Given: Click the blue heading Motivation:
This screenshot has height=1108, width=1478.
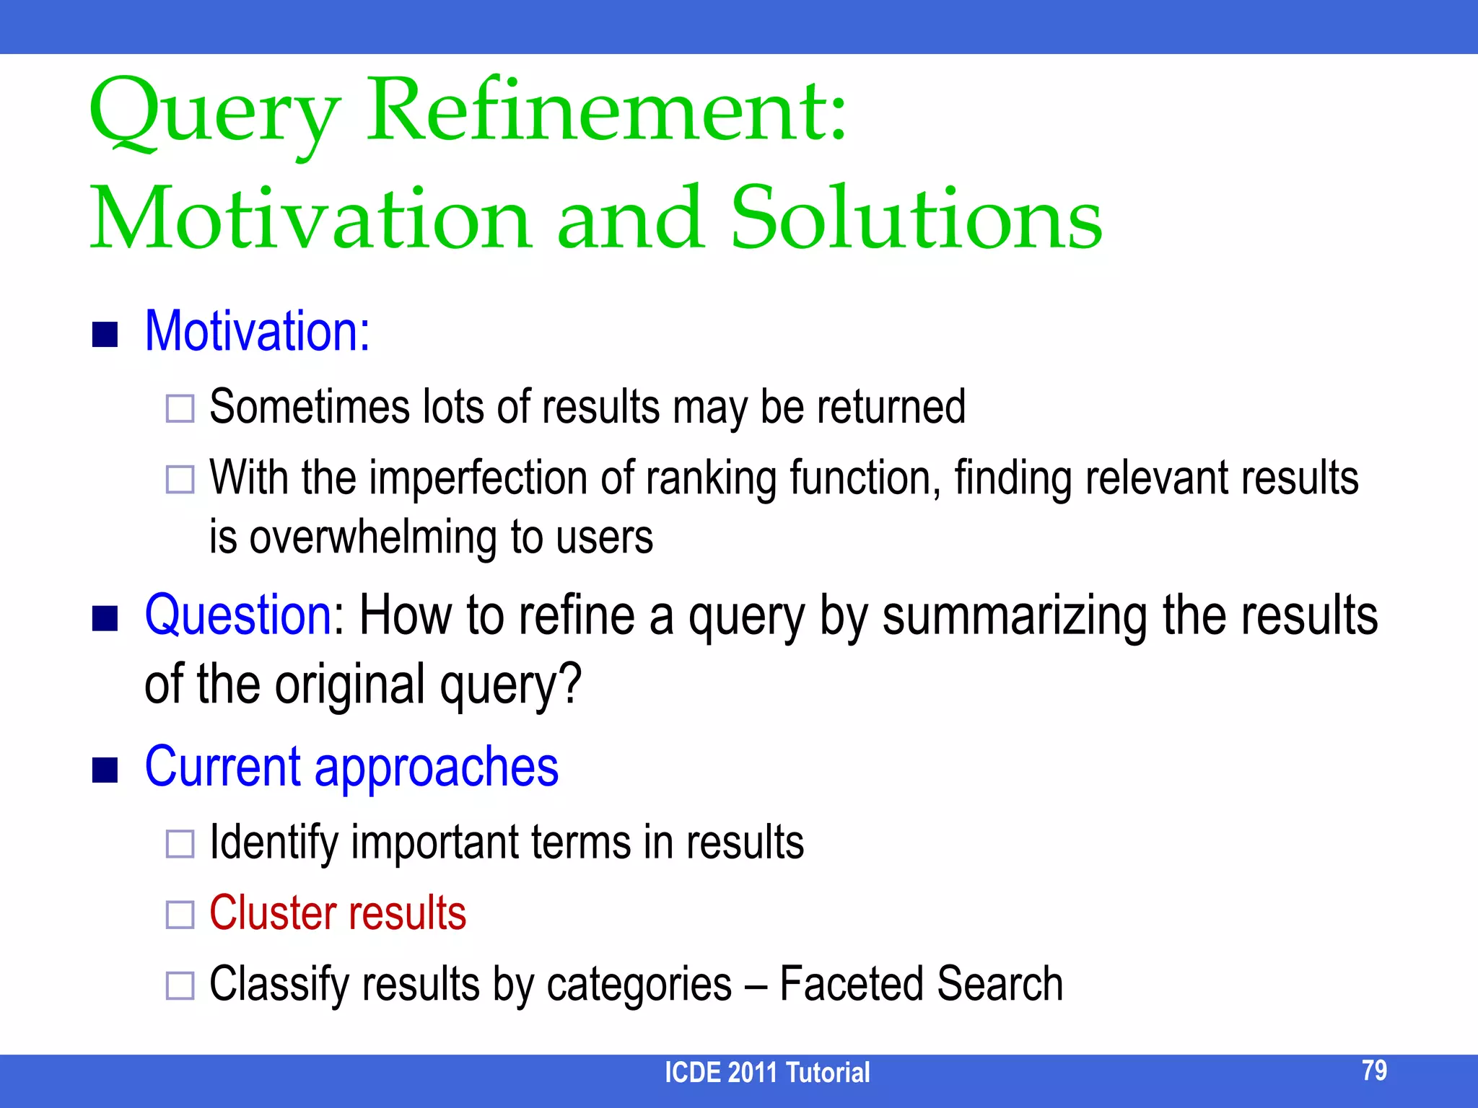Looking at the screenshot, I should point(258,331).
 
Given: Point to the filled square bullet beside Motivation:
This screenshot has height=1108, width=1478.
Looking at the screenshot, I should point(105,335).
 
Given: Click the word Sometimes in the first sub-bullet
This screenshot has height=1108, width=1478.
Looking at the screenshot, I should point(309,407).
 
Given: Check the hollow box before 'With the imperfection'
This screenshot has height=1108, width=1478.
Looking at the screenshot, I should point(180,479).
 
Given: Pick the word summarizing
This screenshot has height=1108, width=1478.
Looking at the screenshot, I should point(1014,617).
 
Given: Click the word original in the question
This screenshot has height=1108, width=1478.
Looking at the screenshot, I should point(349,685).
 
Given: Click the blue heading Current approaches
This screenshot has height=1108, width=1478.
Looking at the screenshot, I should point(351,767).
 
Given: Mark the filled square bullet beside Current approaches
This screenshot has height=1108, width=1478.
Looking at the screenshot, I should point(105,770).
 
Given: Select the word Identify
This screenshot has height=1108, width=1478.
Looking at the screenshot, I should point(274,843).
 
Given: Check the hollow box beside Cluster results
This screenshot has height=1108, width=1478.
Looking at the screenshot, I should point(180,915).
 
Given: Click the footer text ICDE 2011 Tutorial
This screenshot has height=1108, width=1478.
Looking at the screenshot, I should point(766,1073).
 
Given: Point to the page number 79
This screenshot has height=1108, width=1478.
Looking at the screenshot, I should point(1374,1070).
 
